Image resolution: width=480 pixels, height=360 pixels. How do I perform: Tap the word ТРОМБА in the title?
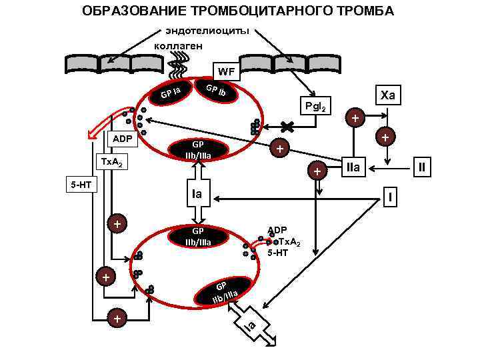(359, 11)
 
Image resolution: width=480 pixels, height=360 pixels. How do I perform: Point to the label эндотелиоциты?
(208, 31)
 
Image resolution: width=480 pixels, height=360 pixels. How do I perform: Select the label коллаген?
(183, 45)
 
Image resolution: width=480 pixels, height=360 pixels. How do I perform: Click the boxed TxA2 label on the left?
(109, 163)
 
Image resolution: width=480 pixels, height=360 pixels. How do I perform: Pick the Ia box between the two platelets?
(197, 195)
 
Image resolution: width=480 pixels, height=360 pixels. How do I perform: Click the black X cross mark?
(287, 126)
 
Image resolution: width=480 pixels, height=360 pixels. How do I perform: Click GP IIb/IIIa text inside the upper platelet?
(197, 150)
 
